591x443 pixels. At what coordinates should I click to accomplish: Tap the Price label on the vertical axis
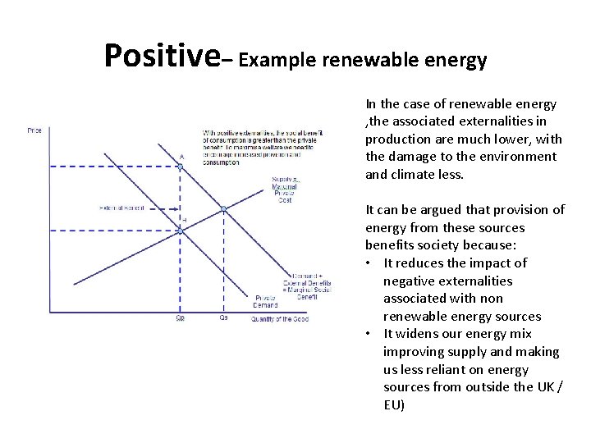click(x=34, y=130)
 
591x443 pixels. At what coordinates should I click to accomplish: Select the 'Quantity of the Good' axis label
click(x=280, y=319)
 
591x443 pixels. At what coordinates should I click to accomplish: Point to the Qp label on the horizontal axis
click(x=181, y=318)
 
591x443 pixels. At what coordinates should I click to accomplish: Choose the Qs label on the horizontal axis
click(x=223, y=318)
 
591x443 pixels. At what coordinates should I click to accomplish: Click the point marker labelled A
click(x=181, y=167)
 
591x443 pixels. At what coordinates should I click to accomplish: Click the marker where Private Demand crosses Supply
click(x=181, y=231)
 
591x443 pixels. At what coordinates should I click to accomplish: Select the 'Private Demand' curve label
click(x=264, y=300)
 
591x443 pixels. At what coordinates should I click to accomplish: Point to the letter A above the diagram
click(x=181, y=156)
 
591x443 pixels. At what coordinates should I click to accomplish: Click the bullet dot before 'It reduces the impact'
click(x=372, y=263)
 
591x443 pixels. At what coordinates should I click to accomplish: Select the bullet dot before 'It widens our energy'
click(x=372, y=334)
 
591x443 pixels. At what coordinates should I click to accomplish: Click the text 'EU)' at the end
click(x=394, y=404)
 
